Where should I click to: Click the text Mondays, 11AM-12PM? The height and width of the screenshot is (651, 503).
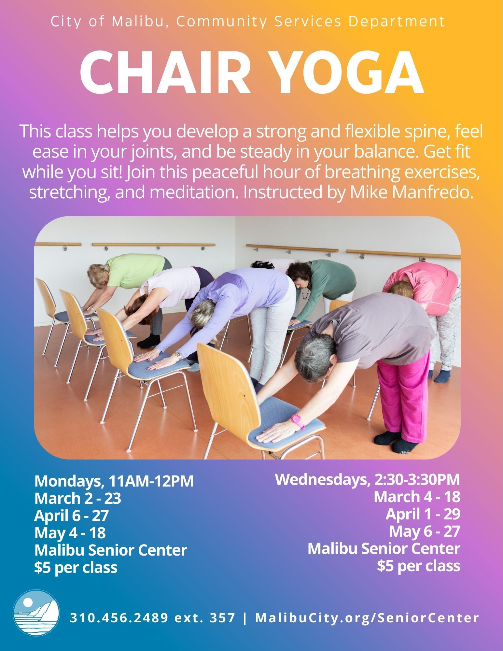pos(114,481)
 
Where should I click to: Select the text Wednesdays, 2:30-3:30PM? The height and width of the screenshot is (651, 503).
pos(368,480)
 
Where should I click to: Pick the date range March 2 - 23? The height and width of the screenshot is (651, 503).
pos(78,499)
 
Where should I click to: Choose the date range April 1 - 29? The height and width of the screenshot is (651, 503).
pos(423,514)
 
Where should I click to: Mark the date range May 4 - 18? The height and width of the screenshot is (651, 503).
pos(70,533)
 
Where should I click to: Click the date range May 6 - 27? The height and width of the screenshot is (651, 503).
pos(425,531)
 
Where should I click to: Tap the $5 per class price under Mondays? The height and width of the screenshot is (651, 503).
pos(76,568)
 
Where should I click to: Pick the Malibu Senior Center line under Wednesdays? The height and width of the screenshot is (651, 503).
pos(384,549)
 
